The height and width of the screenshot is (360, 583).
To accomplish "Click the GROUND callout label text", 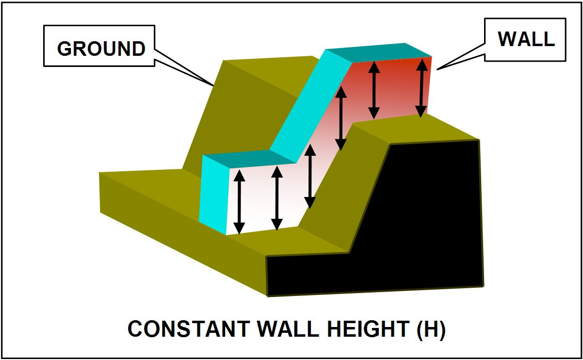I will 101,49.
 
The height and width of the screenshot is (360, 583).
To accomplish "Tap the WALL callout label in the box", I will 526,39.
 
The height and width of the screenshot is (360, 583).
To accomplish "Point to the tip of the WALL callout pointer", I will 438,68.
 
